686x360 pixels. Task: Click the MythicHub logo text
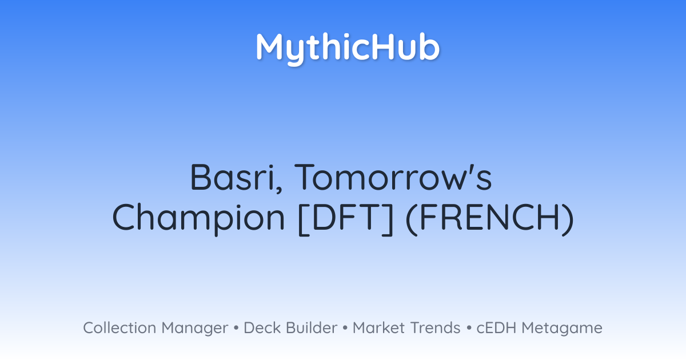tap(348, 49)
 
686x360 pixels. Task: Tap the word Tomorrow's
tap(393, 177)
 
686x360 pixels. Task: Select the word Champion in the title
tap(199, 218)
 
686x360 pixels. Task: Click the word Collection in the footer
tap(119, 327)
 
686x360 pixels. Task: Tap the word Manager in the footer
tap(195, 329)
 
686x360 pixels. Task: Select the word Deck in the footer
tap(262, 327)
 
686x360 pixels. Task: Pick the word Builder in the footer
tap(312, 327)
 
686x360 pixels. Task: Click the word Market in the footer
tap(379, 327)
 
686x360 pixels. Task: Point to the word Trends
tap(435, 327)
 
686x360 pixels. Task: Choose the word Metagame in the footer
tap(562, 329)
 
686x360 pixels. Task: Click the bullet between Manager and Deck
tap(236, 328)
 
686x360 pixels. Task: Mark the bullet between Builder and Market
tap(345, 328)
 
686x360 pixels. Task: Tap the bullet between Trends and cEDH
tap(469, 328)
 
